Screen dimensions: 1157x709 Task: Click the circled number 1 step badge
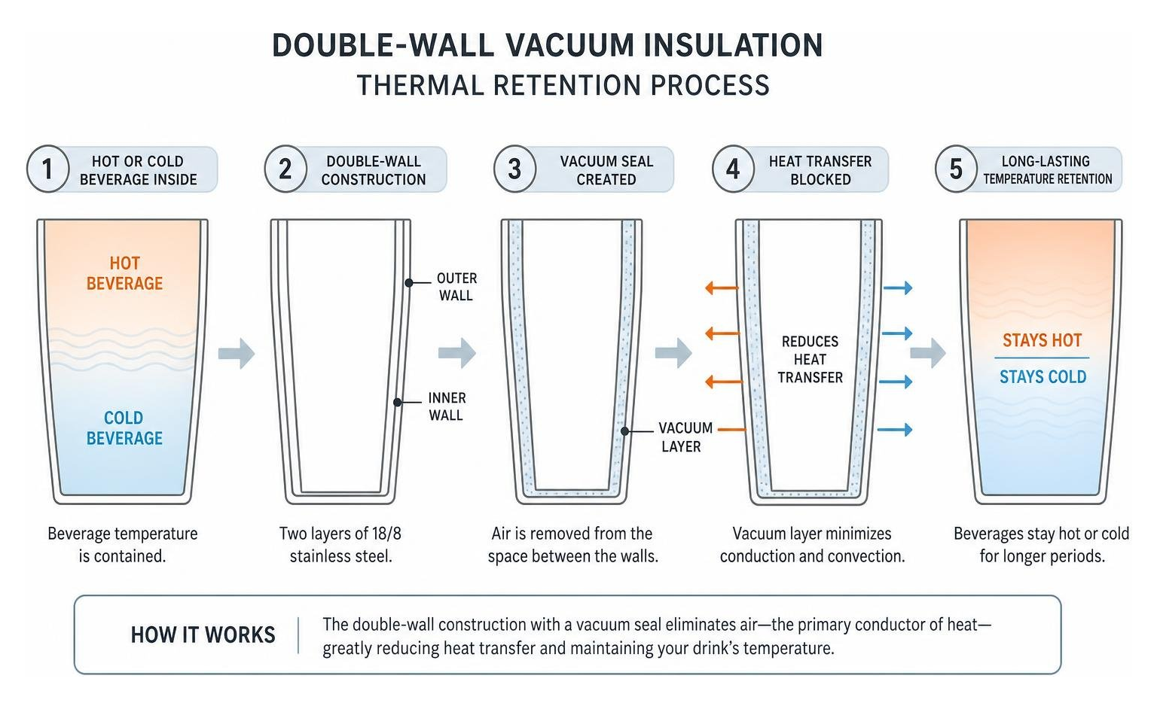point(47,169)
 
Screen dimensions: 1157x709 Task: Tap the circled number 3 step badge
point(514,169)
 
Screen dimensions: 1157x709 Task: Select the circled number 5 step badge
point(956,169)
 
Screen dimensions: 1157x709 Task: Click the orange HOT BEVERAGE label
point(124,273)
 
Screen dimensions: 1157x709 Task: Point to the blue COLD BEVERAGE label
point(124,428)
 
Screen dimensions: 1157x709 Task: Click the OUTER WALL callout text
point(456,287)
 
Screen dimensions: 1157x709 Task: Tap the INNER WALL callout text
point(447,406)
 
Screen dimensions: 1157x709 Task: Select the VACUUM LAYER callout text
point(685,437)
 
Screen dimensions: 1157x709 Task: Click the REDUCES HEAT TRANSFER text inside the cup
point(810,359)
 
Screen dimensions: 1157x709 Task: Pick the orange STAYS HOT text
point(1042,340)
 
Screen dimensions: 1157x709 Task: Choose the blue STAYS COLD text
point(1043,376)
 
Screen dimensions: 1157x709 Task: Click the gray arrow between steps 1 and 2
point(237,354)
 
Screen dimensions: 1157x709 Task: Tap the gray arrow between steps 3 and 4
point(673,354)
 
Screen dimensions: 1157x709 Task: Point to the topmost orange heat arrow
point(722,288)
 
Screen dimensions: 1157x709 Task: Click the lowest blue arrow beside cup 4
point(895,429)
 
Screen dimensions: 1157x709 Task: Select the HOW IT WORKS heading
point(203,634)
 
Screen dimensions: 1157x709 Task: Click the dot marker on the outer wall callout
point(408,283)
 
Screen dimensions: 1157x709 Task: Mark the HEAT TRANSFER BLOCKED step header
point(820,170)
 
